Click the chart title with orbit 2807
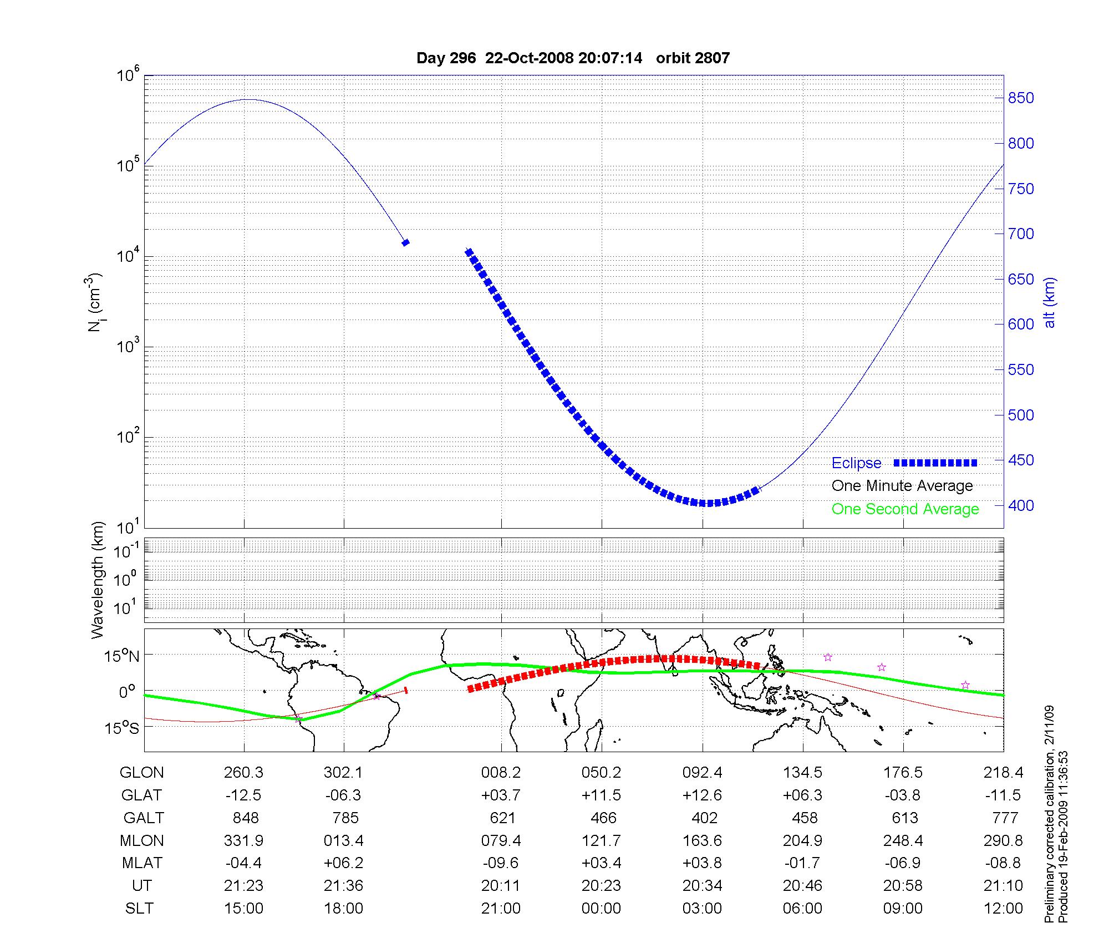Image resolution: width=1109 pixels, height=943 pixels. click(573, 58)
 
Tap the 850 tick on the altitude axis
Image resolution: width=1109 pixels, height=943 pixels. click(1020, 98)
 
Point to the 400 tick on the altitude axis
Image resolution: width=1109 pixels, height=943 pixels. click(1020, 505)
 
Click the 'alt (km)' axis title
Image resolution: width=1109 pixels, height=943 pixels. click(1049, 302)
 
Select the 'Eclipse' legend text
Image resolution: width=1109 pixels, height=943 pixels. click(856, 463)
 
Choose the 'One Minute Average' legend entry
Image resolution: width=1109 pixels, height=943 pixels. click(902, 486)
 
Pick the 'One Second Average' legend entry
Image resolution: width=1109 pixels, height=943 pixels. click(905, 509)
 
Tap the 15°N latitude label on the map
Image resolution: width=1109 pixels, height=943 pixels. click(123, 656)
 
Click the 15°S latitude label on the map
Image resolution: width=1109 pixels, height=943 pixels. click(123, 728)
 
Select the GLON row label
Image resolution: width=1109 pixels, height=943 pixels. click(141, 773)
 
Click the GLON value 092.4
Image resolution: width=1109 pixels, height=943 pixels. click(702, 773)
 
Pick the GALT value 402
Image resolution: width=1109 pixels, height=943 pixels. click(704, 818)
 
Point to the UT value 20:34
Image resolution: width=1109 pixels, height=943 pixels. click(702, 886)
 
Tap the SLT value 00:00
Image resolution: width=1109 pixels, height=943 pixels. click(601, 909)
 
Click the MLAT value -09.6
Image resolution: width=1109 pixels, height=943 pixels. click(501, 863)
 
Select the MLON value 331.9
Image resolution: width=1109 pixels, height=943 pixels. click(243, 841)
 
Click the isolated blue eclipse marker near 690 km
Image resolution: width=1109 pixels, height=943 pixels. click(405, 242)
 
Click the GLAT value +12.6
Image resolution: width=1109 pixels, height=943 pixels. click(702, 795)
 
